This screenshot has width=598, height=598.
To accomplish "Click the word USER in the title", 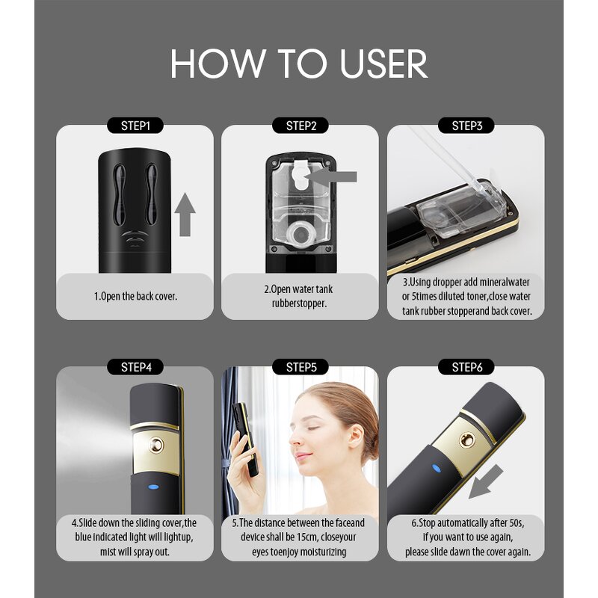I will click(x=383, y=64).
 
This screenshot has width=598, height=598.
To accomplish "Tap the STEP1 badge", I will click(x=135, y=126).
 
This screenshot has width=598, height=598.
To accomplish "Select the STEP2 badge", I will click(x=300, y=126).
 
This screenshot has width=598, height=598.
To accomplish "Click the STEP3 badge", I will click(x=466, y=126).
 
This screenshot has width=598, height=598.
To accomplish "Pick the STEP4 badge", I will click(x=135, y=367).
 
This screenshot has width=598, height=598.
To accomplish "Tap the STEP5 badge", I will click(x=300, y=367).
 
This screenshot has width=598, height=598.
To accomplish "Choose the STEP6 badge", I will click(x=466, y=367).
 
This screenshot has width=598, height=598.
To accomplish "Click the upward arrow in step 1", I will click(x=186, y=213).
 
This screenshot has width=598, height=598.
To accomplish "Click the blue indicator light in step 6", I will click(x=436, y=469).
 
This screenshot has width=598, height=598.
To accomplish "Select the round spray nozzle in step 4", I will click(x=156, y=446).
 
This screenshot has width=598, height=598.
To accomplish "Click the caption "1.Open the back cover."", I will click(x=135, y=296).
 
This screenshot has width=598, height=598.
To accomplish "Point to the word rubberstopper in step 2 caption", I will click(x=300, y=303).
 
